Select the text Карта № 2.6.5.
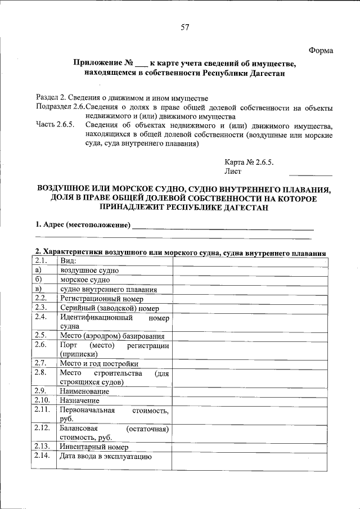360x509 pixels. click(x=249, y=161)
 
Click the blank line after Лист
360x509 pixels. click(x=314, y=173)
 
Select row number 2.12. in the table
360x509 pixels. click(x=42, y=429)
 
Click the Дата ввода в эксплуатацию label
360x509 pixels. click(x=106, y=456)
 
